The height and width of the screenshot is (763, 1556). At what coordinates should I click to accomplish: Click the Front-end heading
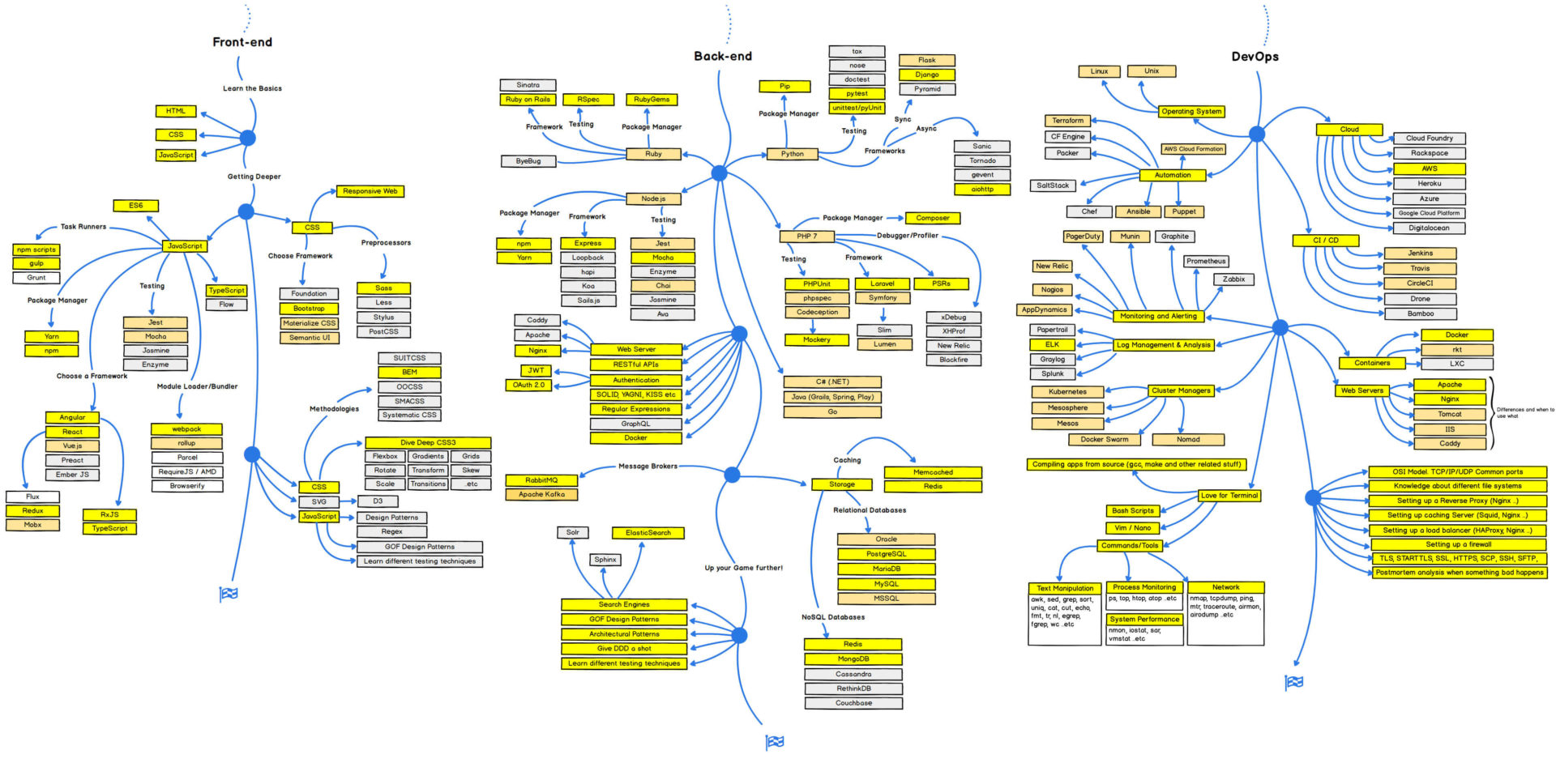coord(242,42)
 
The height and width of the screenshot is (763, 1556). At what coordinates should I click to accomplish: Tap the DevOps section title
coord(1255,57)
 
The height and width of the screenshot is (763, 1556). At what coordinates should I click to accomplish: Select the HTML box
coord(176,111)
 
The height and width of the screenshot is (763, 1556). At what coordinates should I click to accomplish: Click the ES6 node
coord(135,206)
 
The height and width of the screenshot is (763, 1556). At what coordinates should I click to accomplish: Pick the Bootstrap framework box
coord(309,309)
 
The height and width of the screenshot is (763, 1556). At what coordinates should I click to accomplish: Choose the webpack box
coord(186,429)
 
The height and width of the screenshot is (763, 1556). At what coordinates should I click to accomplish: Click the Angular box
coord(72,418)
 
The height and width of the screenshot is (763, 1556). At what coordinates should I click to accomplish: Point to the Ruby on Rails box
coord(528,100)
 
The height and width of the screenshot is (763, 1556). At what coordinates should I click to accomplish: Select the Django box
coord(926,75)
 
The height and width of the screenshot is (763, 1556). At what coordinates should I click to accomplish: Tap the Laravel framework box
coord(883,284)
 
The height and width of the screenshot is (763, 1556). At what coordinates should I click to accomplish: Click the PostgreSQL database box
coord(886,554)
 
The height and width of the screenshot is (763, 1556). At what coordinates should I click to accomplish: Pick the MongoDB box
coord(853,659)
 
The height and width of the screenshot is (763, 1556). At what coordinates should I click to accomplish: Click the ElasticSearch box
coord(648,533)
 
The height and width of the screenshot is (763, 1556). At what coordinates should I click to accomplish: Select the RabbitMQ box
coord(541,480)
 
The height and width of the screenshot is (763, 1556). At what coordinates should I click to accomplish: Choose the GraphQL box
coord(635,424)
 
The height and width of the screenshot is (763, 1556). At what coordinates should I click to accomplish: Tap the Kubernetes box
coord(1067,392)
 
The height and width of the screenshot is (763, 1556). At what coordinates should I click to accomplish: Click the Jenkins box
coord(1420,254)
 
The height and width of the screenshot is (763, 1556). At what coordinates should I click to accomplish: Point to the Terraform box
coord(1067,121)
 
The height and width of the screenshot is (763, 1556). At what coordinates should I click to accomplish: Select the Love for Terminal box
coord(1229,496)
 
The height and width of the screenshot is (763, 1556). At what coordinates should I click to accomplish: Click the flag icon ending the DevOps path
coord(1294,682)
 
